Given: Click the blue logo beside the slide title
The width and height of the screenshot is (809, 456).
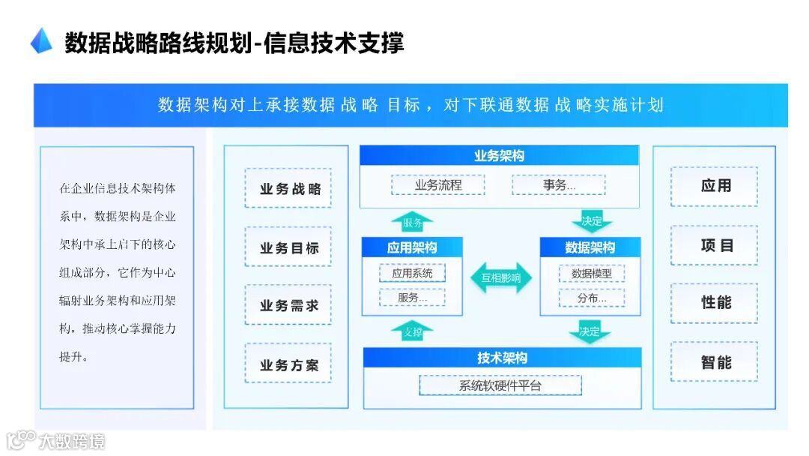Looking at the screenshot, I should [x=41, y=40].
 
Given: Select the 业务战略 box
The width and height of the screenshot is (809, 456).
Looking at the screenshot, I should [x=288, y=188].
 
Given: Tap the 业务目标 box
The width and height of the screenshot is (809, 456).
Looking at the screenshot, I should [x=288, y=247].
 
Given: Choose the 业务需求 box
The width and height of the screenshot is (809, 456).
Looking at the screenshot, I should [x=288, y=305].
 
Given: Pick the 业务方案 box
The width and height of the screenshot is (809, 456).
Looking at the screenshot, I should [x=288, y=365].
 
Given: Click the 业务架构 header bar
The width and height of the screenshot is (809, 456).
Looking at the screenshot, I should [x=499, y=155].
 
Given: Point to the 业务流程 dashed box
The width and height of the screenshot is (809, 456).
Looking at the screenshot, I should [x=438, y=184].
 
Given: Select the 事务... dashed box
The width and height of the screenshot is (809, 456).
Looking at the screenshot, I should [x=559, y=184].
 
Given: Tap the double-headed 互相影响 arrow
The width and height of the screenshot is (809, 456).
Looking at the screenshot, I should [x=501, y=277].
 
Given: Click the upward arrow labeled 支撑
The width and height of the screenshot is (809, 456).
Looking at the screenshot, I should [x=413, y=331].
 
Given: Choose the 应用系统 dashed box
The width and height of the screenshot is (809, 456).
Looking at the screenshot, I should [x=412, y=273].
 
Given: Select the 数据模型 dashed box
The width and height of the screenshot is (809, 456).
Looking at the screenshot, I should [x=592, y=274].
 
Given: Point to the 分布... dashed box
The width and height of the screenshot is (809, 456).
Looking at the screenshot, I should [x=592, y=298].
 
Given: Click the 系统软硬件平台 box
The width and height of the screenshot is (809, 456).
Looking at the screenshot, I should [x=500, y=385].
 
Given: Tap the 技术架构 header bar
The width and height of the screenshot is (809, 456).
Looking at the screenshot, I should [x=502, y=358].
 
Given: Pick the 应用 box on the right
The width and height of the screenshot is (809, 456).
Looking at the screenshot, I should [x=715, y=186].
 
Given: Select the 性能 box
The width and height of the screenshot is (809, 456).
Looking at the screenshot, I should [x=715, y=303].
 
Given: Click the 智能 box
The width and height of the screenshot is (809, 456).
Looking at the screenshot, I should [x=715, y=362].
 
